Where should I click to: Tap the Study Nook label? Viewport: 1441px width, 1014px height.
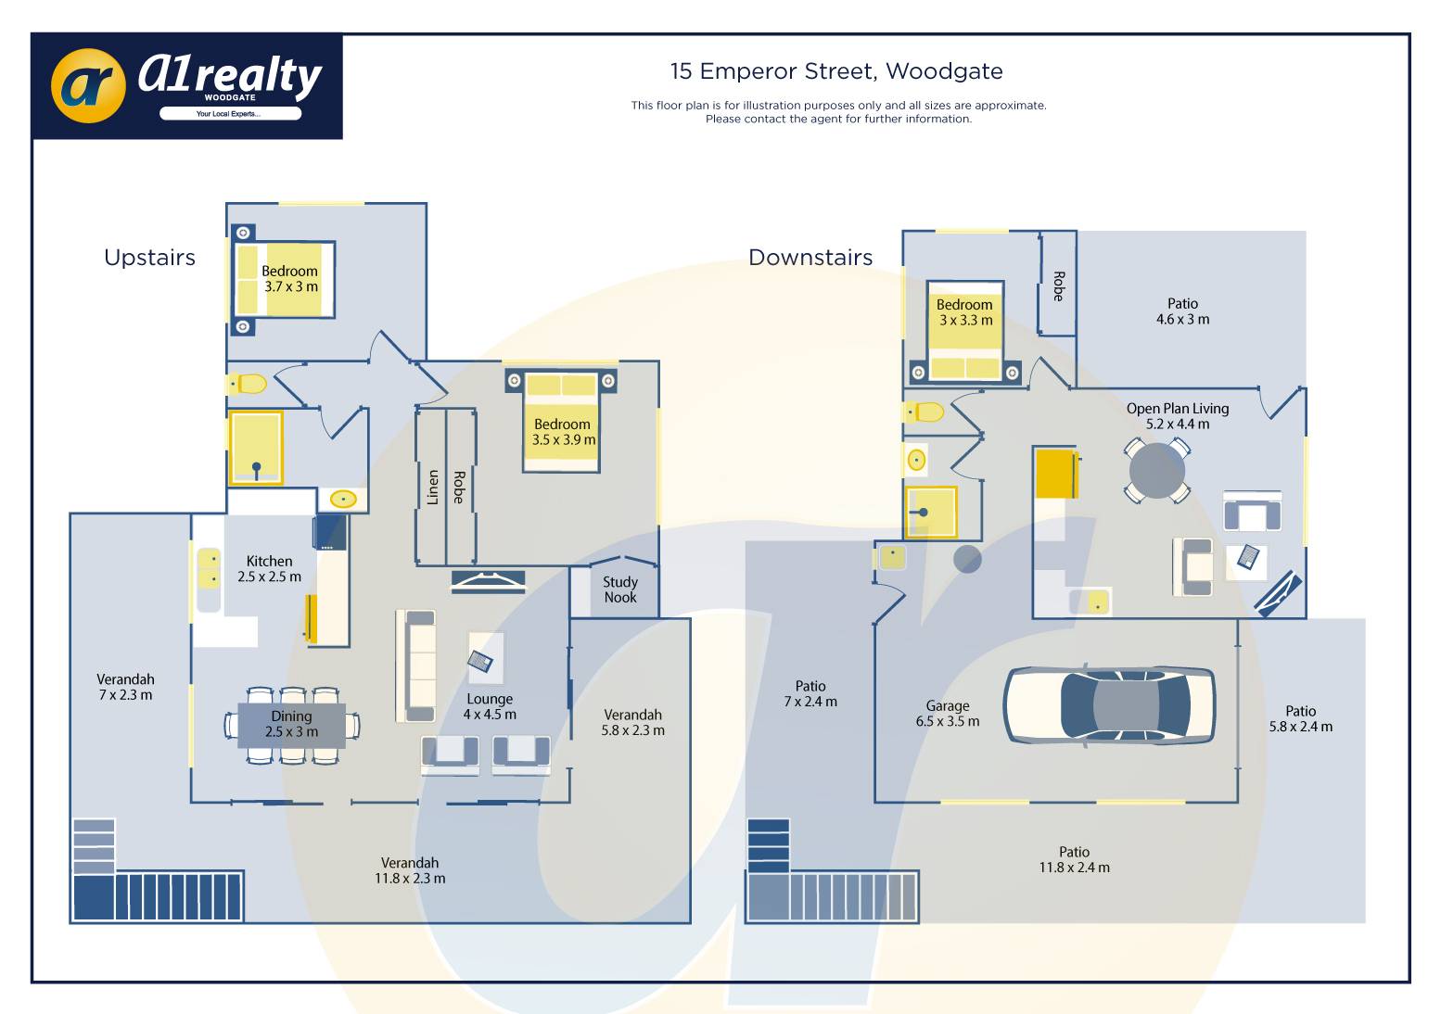pyautogui.click(x=620, y=589)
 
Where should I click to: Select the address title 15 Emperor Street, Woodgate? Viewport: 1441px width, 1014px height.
pyautogui.click(x=836, y=71)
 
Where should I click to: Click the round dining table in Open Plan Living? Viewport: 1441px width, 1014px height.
pyautogui.click(x=1156, y=470)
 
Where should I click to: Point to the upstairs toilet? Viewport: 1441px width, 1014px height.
pyautogui.click(x=248, y=383)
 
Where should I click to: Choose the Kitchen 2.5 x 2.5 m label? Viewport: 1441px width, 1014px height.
pyautogui.click(x=269, y=569)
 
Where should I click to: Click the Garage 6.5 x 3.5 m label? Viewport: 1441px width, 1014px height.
pyautogui.click(x=947, y=714)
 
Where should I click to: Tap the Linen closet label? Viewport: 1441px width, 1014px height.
pyautogui.click(x=432, y=487)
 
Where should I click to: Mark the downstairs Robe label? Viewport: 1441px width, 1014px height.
pyautogui.click(x=1058, y=285)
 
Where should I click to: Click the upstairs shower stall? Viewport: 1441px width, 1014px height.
pyautogui.click(x=256, y=448)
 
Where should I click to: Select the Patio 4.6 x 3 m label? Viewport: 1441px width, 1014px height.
pyautogui.click(x=1182, y=311)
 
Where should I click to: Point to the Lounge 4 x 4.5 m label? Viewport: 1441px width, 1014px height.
pyautogui.click(x=490, y=706)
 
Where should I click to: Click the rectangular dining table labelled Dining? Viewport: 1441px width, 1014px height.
pyautogui.click(x=291, y=725)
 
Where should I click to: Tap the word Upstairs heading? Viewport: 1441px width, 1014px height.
pyautogui.click(x=149, y=258)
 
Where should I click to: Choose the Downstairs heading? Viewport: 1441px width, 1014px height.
pyautogui.click(x=810, y=258)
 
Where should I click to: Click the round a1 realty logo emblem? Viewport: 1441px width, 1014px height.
pyautogui.click(x=88, y=86)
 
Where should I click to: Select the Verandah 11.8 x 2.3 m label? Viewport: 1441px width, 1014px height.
pyautogui.click(x=410, y=870)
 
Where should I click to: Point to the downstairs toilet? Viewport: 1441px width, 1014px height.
pyautogui.click(x=925, y=412)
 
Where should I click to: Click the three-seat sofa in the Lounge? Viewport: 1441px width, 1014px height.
pyautogui.click(x=415, y=665)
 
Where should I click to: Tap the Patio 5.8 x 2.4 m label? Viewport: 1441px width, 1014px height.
pyautogui.click(x=1300, y=719)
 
